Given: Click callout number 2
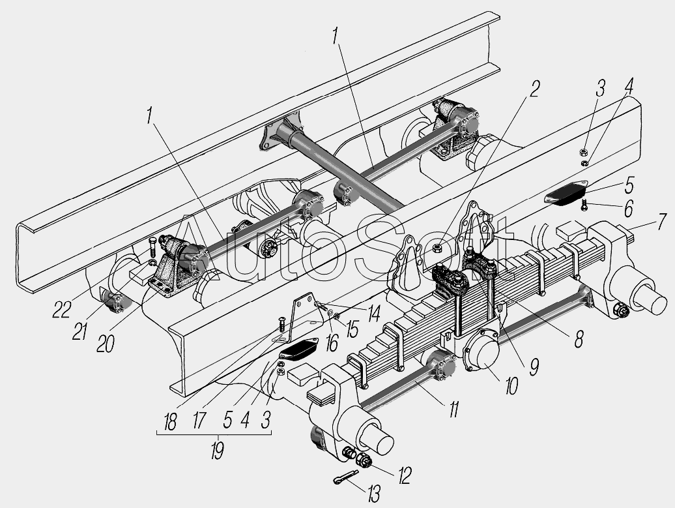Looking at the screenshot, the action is [534, 89].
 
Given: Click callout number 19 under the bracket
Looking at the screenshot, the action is [216, 450].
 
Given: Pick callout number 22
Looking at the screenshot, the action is [62, 309].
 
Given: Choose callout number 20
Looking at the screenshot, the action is [105, 344].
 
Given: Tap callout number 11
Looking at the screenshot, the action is [453, 409].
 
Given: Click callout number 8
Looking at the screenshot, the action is [578, 339].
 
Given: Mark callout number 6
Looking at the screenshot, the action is [627, 209].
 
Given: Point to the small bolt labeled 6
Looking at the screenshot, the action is [584, 204].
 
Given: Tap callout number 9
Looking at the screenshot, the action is [534, 367].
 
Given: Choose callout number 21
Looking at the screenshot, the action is [80, 332].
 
